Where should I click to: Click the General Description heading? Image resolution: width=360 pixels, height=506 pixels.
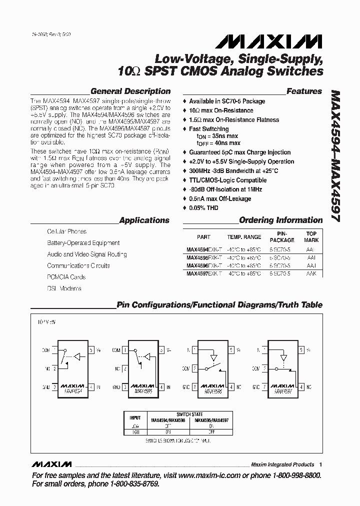(x=130, y=91)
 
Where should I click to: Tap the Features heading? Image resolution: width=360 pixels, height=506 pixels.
(x=304, y=91)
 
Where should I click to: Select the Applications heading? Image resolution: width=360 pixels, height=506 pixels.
(x=144, y=220)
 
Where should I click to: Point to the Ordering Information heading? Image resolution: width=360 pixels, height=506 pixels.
(x=281, y=220)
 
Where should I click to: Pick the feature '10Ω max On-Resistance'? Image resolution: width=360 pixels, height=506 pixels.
(x=221, y=110)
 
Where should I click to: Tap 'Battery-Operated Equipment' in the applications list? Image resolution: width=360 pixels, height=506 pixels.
(x=83, y=243)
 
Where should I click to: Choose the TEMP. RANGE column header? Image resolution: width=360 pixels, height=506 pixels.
(x=244, y=237)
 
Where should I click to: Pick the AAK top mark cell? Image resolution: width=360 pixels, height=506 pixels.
(x=311, y=274)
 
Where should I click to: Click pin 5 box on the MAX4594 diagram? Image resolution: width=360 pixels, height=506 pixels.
(x=91, y=350)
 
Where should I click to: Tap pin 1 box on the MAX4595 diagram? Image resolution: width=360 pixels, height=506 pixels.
(x=125, y=350)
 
